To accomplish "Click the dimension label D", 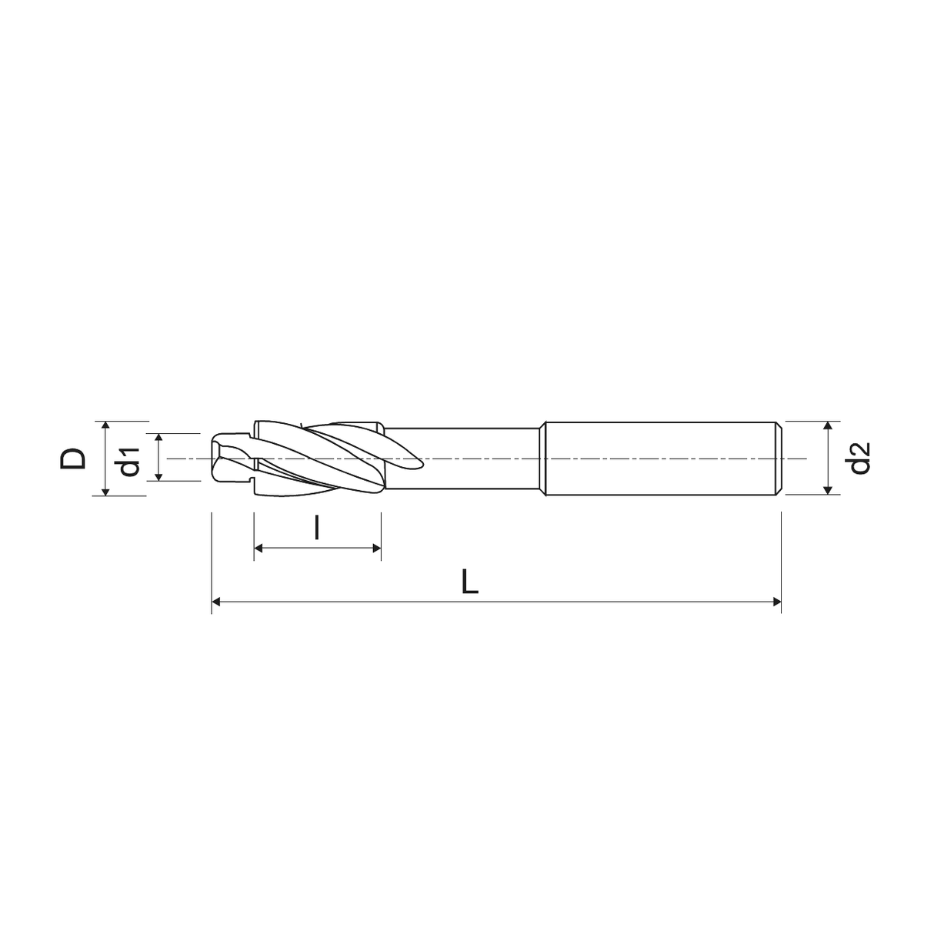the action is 73,459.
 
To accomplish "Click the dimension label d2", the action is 860,458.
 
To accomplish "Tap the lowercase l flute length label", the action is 316,528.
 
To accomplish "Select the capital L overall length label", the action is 469,582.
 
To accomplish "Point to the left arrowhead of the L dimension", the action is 216,602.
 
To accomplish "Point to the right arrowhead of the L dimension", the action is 776,602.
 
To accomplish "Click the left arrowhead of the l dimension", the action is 259,549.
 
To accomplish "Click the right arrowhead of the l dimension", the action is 377,549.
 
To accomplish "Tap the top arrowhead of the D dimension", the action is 105,426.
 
